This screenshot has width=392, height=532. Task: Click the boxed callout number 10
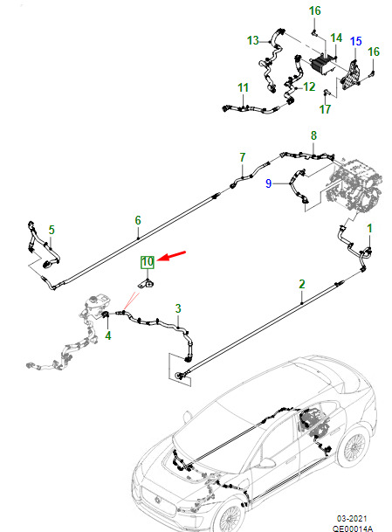pos(148,262)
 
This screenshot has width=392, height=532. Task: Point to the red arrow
pos(172,256)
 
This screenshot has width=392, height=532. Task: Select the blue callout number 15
pos(355,41)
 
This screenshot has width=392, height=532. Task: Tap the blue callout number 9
pos(268,183)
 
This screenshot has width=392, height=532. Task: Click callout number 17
pos(325,109)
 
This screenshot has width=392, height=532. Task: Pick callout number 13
pos(252,41)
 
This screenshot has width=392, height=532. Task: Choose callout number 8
pos(313,135)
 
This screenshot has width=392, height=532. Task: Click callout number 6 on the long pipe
pos(138,220)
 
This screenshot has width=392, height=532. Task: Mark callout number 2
pos(302,284)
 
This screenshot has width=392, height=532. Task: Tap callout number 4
pos(108,335)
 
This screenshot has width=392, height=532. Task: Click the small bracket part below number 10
pos(146,284)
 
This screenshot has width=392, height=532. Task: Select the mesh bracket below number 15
pos(350,75)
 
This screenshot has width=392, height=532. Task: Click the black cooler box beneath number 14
pos(321,65)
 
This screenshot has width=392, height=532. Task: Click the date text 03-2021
pos(352,519)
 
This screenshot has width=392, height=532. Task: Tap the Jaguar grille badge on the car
pos(157,500)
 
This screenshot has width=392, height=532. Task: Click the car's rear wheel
pos(354,447)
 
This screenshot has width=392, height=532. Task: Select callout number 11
pos(243,88)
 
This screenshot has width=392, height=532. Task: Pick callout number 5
pos(52,230)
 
